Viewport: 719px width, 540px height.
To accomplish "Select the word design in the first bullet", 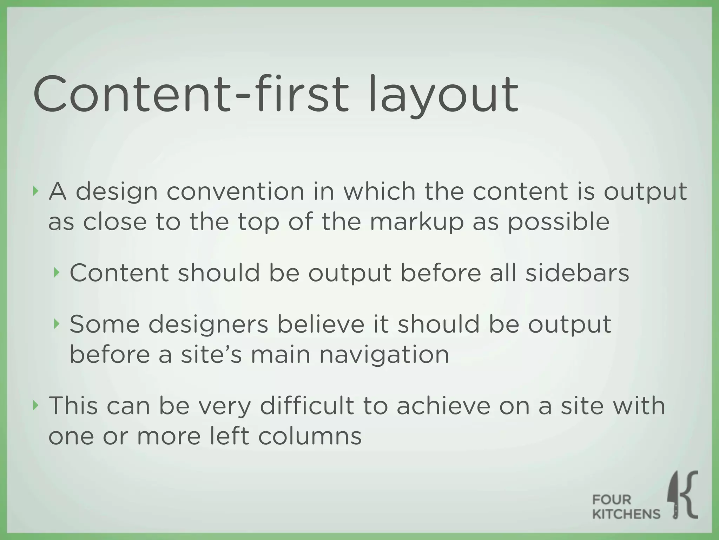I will [x=117, y=193].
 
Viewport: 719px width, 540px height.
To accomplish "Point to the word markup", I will [x=416, y=223].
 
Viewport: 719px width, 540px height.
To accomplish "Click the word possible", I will [x=558, y=223].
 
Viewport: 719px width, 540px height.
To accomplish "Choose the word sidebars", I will [x=577, y=273].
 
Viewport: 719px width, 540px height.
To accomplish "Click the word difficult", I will [x=307, y=406].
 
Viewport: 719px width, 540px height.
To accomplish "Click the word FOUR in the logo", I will [x=612, y=500].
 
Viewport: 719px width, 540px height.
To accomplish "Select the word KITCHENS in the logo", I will [x=626, y=514].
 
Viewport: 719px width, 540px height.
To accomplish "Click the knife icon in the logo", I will [x=673, y=496].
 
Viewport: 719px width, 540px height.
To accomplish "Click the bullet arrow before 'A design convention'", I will [x=35, y=191].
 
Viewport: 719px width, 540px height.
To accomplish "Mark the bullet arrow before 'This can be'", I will [x=35, y=405].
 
